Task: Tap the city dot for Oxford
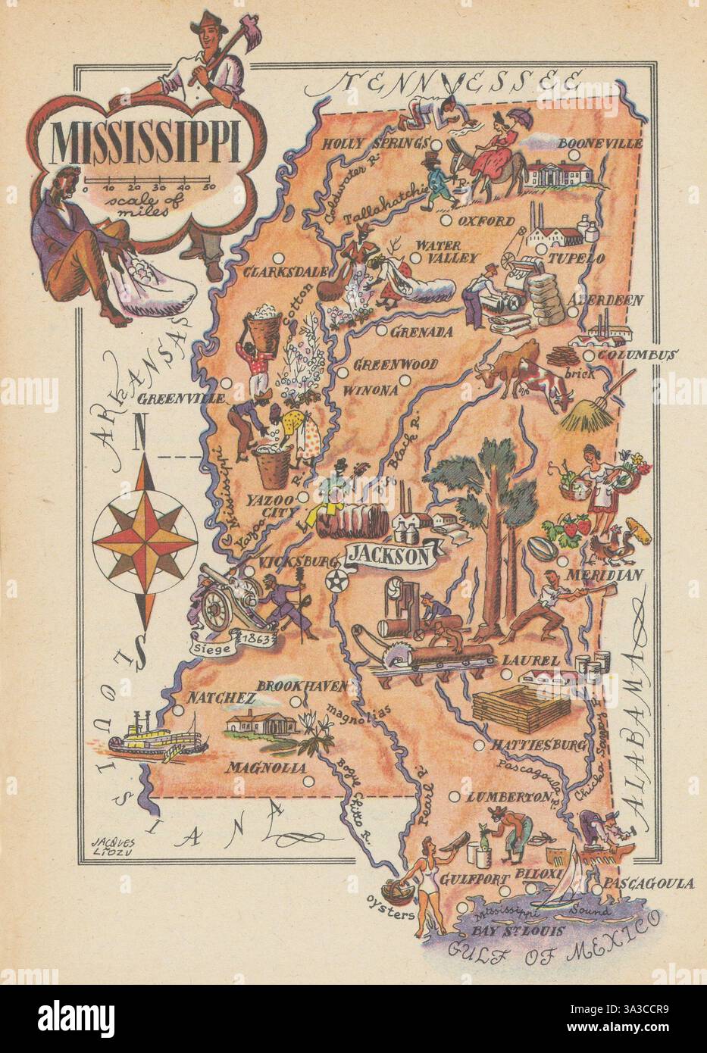(446, 221)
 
